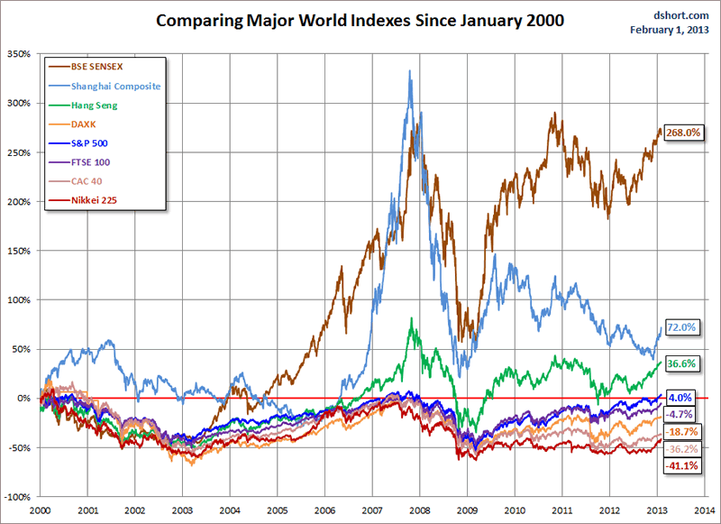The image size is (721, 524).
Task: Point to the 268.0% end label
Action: (x=682, y=133)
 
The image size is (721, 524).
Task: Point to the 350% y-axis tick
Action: (x=17, y=54)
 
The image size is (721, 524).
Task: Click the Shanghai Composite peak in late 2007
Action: (x=411, y=72)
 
